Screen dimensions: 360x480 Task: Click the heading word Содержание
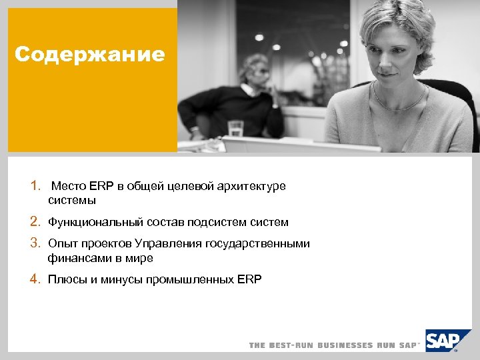click(x=89, y=54)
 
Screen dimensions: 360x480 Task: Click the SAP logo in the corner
click(x=443, y=341)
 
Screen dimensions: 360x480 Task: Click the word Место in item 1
click(x=69, y=186)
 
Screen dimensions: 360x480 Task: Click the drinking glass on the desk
click(x=235, y=128)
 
